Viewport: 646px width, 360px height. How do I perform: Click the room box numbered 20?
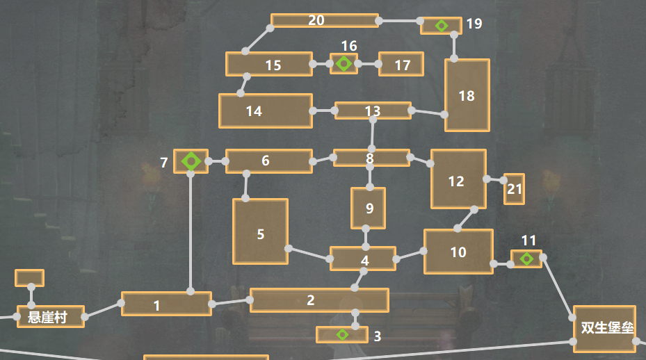tap(325, 21)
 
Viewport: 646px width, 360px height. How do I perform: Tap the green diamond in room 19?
tap(442, 26)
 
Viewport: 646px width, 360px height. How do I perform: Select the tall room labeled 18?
tap(467, 95)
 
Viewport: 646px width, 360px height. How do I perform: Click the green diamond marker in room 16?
tap(344, 63)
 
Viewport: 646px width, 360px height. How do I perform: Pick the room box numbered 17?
tap(401, 64)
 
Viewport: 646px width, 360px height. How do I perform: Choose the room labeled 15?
tap(269, 64)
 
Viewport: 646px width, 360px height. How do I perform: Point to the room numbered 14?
tap(266, 111)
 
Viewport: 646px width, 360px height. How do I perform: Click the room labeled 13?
tap(373, 111)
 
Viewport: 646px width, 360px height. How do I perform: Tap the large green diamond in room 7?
tap(191, 161)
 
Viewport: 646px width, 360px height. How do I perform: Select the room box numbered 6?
tap(269, 161)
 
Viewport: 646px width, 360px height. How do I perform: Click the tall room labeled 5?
tap(260, 231)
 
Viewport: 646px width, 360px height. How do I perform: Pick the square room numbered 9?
tap(369, 208)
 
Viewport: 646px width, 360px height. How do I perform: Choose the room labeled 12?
tap(458, 179)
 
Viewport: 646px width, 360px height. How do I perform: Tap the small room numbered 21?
tap(514, 189)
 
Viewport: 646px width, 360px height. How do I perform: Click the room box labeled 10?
tap(458, 252)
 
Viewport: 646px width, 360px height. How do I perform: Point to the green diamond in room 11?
tap(526, 259)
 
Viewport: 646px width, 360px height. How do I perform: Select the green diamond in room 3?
tap(342, 334)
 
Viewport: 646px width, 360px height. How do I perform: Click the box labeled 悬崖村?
tap(51, 317)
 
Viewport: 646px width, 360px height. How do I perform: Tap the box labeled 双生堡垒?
tap(604, 329)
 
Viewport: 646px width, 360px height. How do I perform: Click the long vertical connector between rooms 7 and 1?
tap(191, 233)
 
